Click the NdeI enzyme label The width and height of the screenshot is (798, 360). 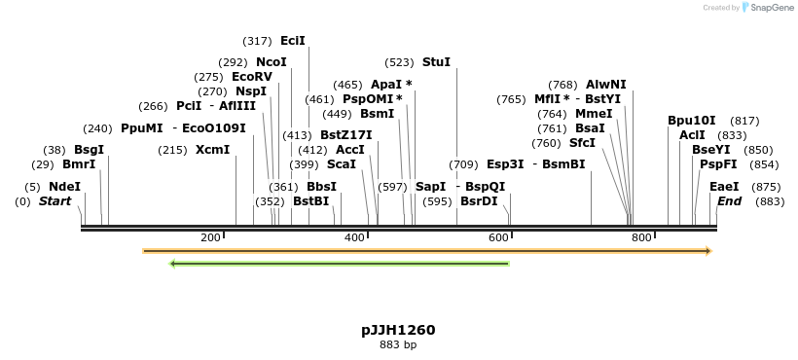click(64, 187)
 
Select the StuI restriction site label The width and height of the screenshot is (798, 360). click(436, 62)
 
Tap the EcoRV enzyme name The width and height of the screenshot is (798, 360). click(252, 77)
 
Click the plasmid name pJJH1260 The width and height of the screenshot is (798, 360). click(398, 330)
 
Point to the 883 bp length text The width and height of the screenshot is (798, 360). click(398, 344)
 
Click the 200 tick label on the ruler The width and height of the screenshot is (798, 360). click(210, 237)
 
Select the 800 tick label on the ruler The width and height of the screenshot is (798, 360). click(640, 237)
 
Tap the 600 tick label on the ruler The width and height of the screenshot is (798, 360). click(497, 237)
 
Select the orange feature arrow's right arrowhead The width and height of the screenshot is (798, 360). click(707, 251)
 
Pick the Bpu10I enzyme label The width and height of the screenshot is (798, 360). click(691, 121)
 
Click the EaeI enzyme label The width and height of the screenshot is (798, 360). click(724, 187)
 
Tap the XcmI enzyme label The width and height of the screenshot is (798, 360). click(212, 150)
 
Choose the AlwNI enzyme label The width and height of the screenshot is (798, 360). click(605, 85)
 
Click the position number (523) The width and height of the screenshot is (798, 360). click(399, 62)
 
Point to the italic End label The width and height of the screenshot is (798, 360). click(729, 201)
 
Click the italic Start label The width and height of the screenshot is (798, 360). click(54, 201)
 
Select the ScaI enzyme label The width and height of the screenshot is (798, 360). click(342, 164)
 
